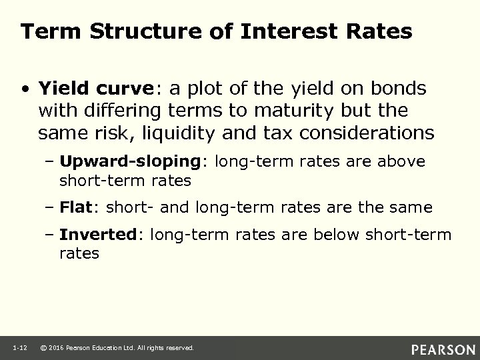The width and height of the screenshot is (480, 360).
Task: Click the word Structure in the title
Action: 125,31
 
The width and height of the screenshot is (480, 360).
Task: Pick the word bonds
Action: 402,88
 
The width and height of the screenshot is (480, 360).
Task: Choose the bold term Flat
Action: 74,208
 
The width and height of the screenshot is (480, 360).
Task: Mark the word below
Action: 329,235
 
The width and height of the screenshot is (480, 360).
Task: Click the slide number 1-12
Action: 19,348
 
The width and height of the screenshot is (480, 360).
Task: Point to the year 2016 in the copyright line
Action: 57,348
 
